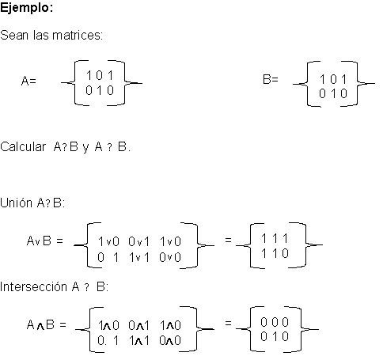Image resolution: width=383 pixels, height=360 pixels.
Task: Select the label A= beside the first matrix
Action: point(28,80)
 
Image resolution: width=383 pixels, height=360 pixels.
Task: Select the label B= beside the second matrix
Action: point(271,80)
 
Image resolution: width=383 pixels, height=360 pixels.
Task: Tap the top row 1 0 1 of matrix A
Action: point(100,75)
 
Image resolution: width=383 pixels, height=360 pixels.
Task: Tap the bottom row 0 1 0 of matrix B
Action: point(333,93)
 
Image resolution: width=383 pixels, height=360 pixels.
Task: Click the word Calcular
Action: point(23,147)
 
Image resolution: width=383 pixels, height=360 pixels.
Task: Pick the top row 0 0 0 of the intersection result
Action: point(275,321)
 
